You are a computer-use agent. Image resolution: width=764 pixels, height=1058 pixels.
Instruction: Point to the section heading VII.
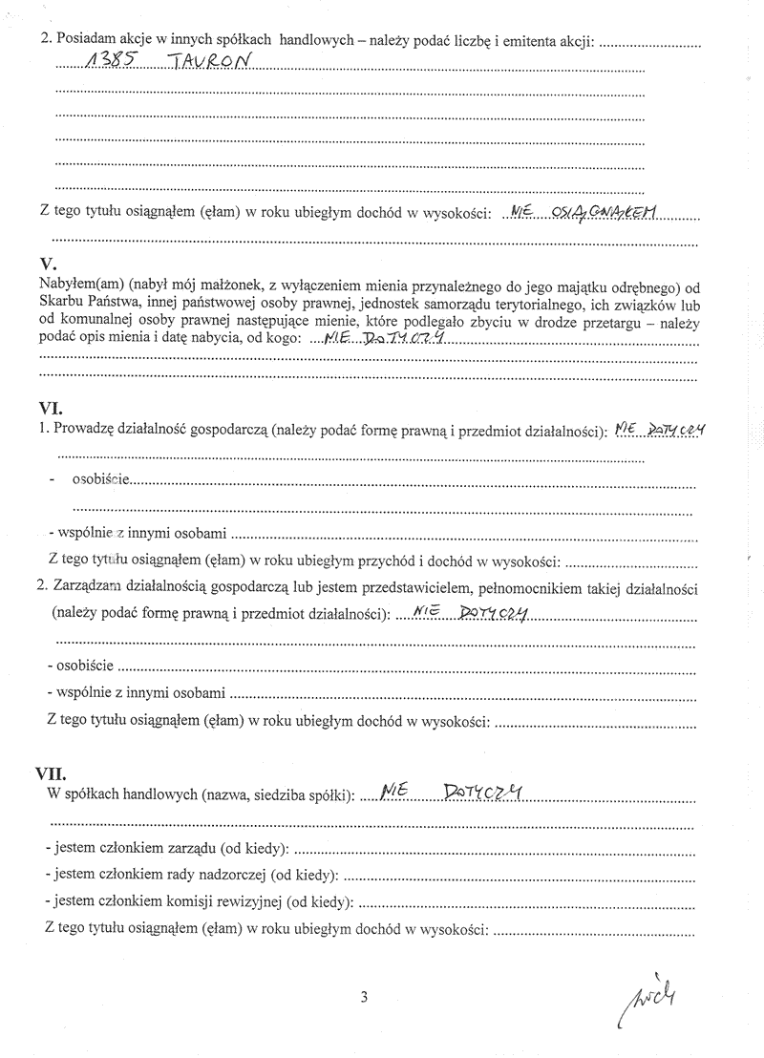[x=53, y=772]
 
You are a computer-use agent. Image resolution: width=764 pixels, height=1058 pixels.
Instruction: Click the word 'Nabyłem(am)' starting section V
[x=74, y=285]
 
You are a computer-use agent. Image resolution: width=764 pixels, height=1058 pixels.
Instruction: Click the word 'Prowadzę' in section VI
[x=83, y=431]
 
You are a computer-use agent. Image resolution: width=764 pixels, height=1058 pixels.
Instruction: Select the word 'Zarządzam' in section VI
[x=87, y=589]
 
